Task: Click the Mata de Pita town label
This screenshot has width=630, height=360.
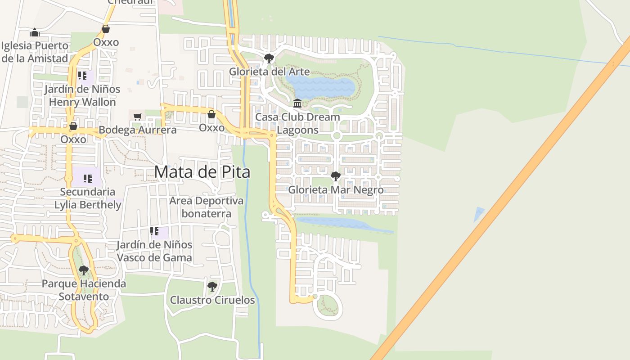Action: tap(202, 172)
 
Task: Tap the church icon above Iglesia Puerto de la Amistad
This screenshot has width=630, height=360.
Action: tap(35, 32)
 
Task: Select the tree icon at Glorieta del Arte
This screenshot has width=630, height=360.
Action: tap(269, 58)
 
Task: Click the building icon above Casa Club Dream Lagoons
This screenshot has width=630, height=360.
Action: tap(297, 103)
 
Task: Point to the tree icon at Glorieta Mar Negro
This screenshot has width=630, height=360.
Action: tap(335, 176)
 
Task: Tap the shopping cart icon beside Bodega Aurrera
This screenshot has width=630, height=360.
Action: tap(138, 117)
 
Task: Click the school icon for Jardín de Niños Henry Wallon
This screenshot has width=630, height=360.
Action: tap(82, 76)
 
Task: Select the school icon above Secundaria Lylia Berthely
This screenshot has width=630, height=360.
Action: tap(87, 178)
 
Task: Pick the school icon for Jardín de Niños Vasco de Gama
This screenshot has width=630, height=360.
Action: tap(154, 231)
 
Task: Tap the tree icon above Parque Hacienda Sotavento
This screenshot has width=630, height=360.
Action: tap(84, 270)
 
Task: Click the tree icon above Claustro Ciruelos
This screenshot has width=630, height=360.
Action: tap(212, 286)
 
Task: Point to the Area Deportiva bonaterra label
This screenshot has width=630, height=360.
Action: tap(206, 207)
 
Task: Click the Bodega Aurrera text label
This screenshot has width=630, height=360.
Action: tap(137, 130)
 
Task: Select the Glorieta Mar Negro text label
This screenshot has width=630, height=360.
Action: tap(336, 189)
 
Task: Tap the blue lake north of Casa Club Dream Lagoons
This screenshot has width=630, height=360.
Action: tap(320, 87)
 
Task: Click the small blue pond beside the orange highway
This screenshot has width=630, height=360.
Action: tap(479, 214)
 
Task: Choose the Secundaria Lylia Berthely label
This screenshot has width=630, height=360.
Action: tap(88, 198)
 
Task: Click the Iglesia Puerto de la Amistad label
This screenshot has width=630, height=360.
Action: tap(35, 52)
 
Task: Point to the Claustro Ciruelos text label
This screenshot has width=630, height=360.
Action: tap(212, 300)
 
